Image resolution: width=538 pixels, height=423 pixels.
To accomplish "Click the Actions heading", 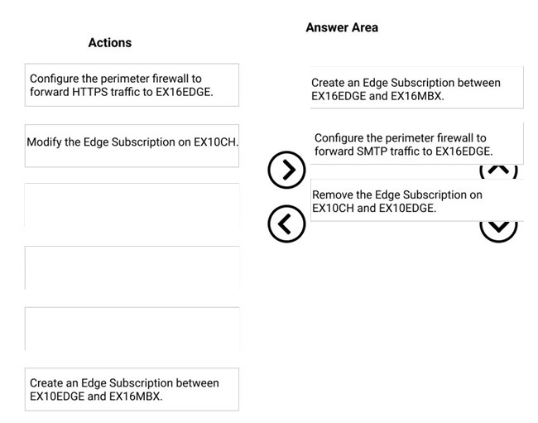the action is click(x=110, y=42).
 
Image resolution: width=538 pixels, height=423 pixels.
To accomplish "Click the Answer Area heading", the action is click(x=342, y=27).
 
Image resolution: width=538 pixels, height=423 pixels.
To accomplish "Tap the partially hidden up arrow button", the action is click(x=498, y=171).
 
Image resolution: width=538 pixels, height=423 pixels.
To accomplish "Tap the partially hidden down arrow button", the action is click(x=498, y=231).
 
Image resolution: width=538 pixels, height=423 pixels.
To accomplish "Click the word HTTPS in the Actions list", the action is click(x=90, y=92).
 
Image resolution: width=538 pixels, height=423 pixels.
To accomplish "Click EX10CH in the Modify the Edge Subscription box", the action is click(x=216, y=142).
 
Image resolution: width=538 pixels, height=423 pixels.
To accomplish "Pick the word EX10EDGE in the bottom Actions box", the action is click(x=57, y=397).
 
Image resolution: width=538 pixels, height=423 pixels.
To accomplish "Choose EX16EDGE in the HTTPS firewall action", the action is click(x=185, y=92).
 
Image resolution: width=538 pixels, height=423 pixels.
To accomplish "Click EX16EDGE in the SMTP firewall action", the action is click(x=464, y=151).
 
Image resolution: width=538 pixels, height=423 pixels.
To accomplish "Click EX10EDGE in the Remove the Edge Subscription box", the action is click(x=409, y=209).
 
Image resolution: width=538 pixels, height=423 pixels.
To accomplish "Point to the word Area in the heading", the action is click(x=365, y=27).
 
